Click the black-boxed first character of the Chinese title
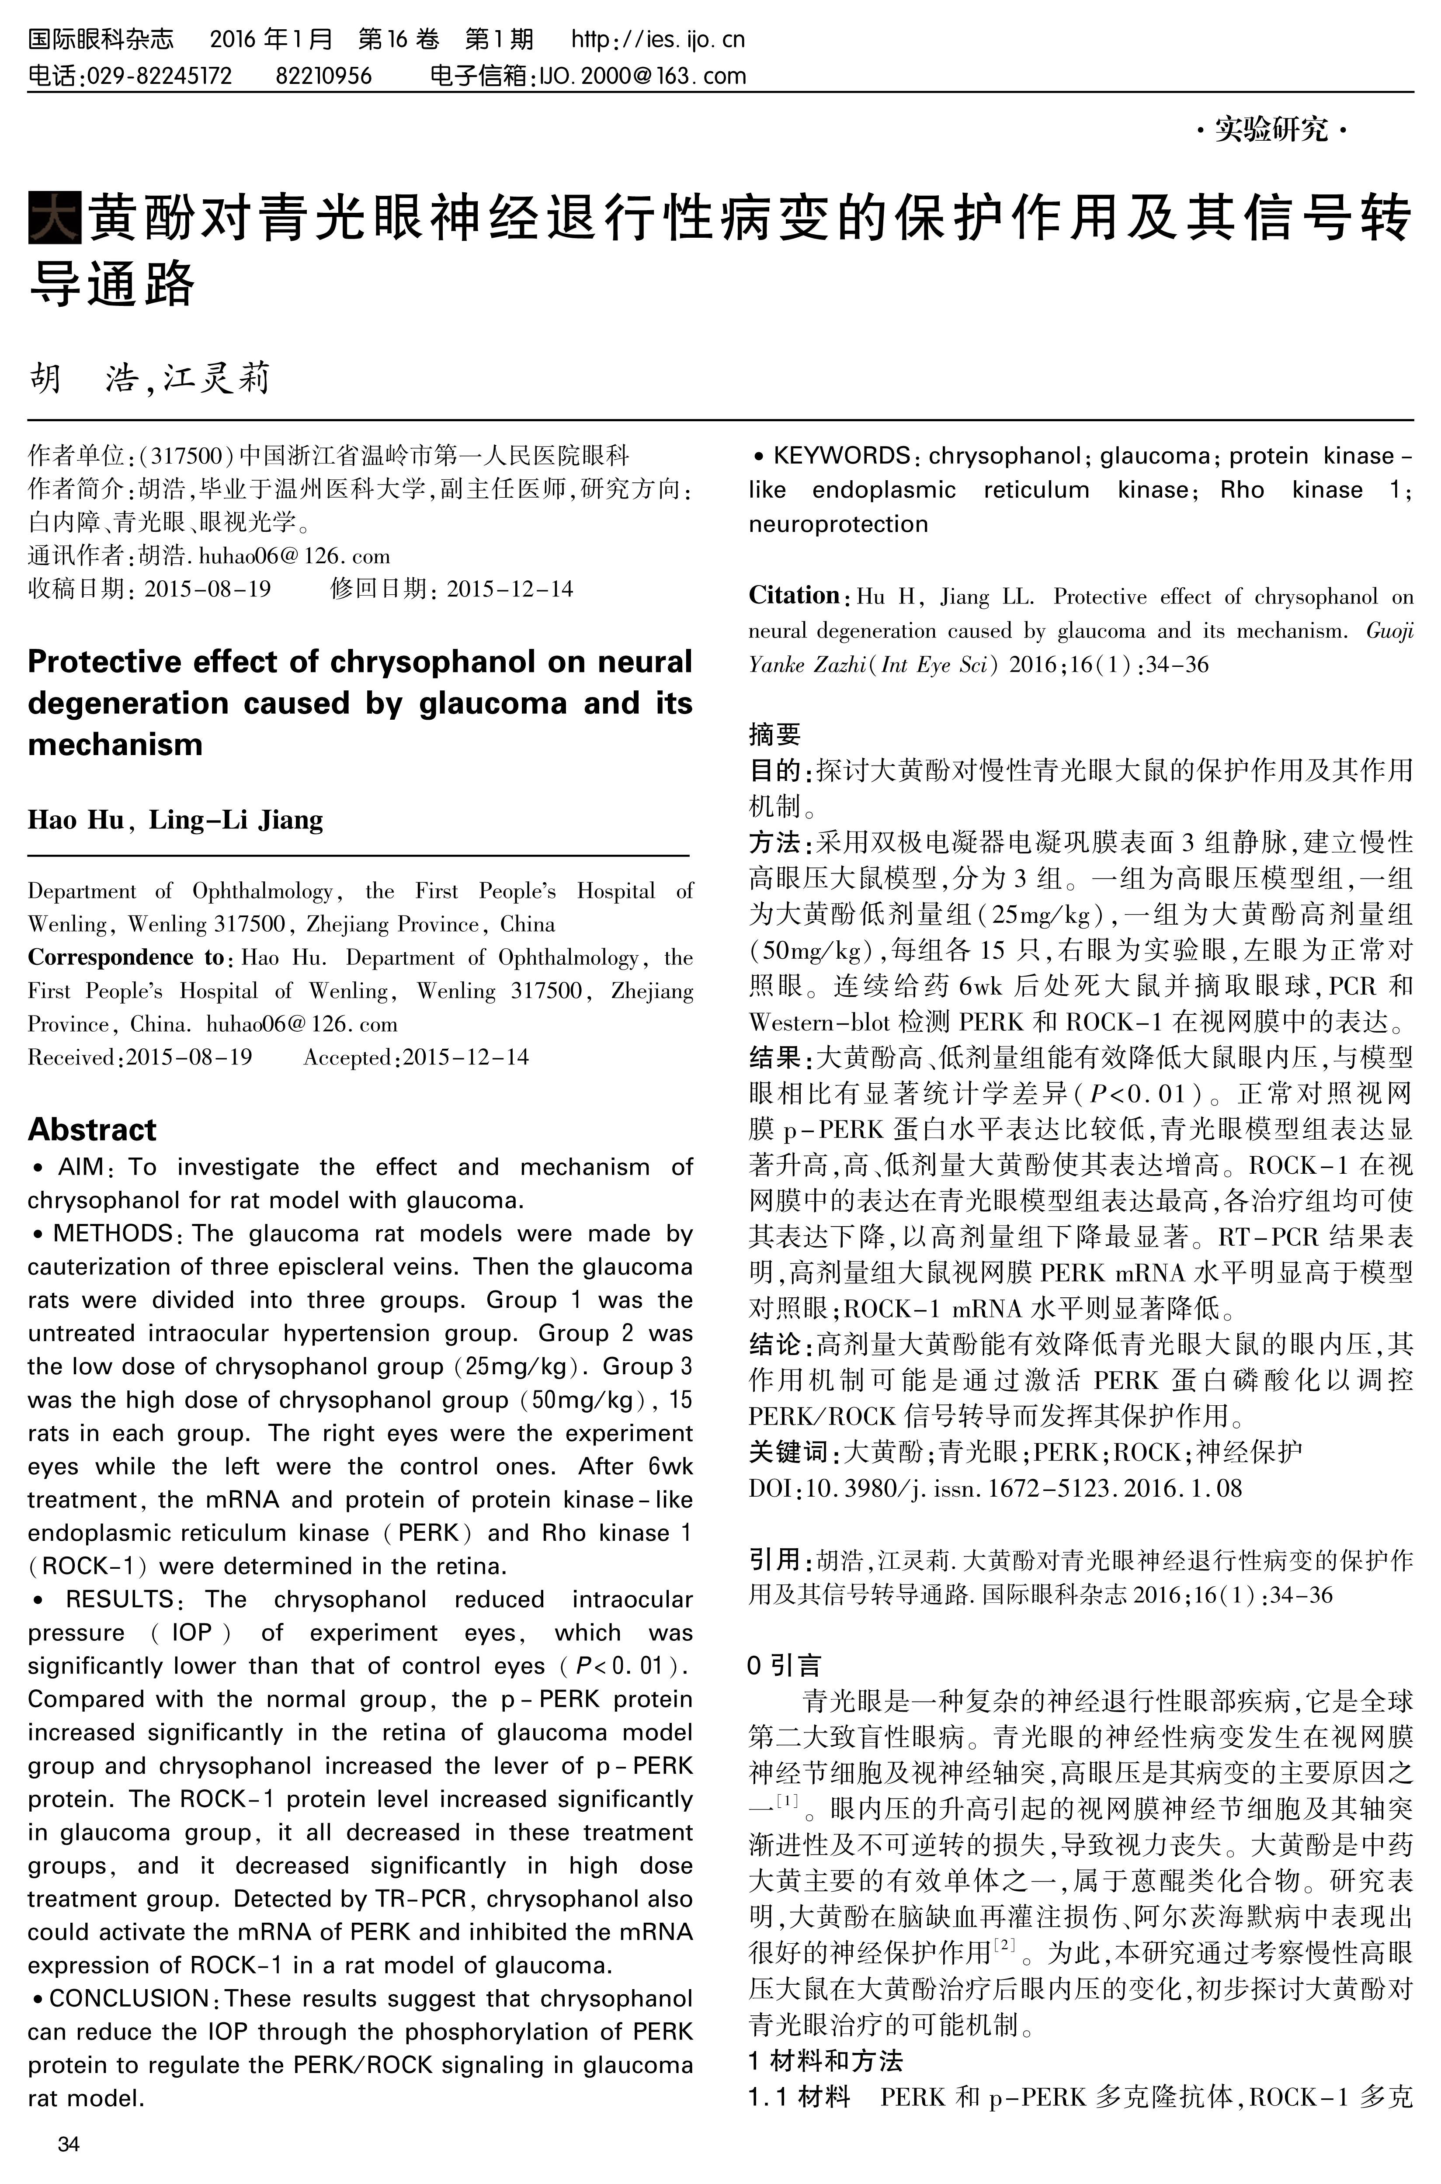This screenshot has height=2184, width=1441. click(x=55, y=218)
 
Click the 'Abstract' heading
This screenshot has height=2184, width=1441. click(x=92, y=1129)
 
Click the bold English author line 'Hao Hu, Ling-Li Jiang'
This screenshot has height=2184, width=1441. click(x=175, y=820)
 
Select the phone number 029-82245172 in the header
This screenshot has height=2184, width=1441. click(x=158, y=75)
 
